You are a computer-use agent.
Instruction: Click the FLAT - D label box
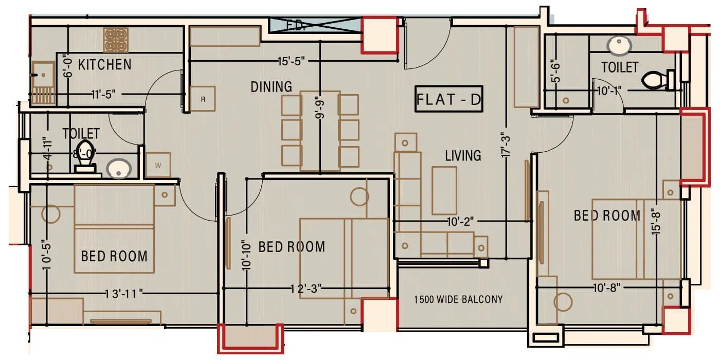(x=448, y=99)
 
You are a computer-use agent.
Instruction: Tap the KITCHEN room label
(x=104, y=65)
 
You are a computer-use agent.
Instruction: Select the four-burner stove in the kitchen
(x=115, y=40)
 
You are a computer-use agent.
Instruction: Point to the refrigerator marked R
(x=203, y=99)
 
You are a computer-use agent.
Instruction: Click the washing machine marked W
(x=158, y=165)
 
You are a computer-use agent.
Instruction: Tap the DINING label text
(x=271, y=87)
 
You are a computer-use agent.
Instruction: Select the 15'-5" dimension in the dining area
(x=292, y=61)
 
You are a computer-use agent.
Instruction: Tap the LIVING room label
(x=463, y=155)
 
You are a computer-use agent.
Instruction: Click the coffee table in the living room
(x=444, y=190)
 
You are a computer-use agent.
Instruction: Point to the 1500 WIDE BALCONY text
(x=458, y=299)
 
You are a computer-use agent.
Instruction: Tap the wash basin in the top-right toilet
(x=619, y=45)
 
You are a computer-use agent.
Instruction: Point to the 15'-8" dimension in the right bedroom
(x=654, y=221)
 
